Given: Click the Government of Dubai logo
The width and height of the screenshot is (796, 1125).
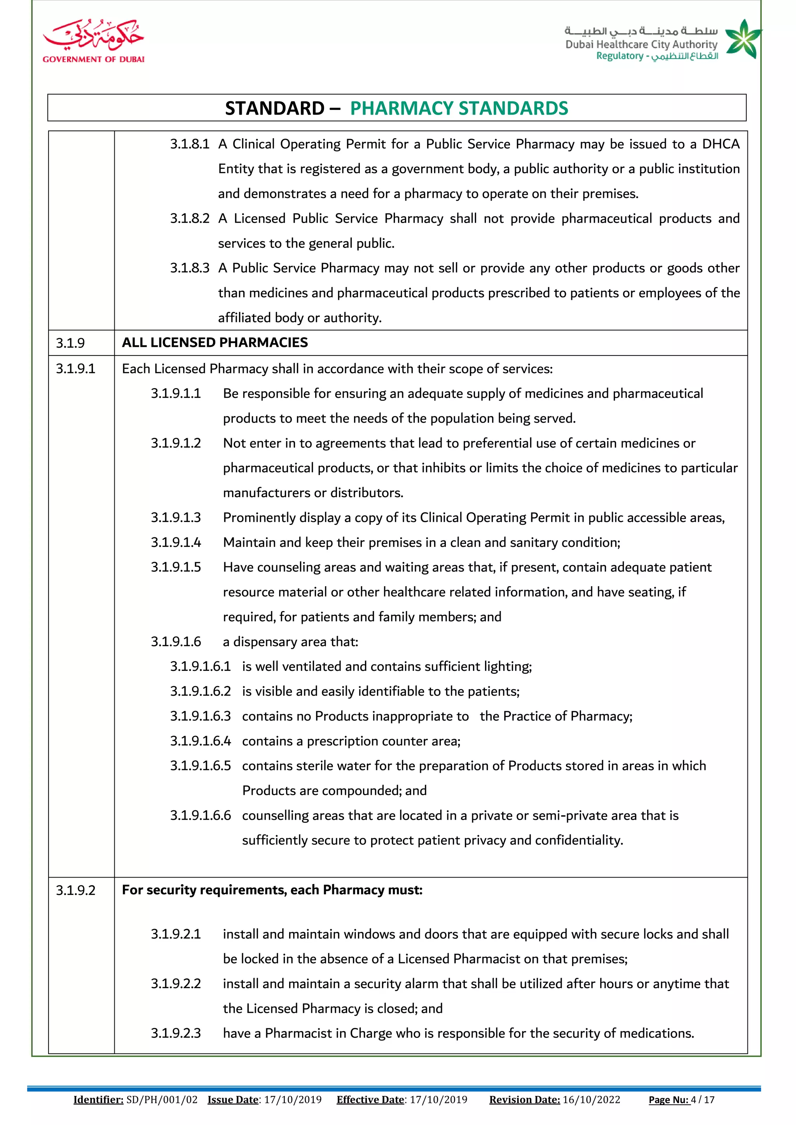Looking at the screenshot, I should click(93, 42).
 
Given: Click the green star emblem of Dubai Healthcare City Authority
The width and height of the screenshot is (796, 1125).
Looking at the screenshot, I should click(743, 39).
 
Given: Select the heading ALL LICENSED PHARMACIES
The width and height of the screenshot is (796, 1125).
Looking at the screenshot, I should click(215, 343).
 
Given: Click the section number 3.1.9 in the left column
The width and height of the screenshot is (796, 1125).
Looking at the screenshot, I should click(70, 343).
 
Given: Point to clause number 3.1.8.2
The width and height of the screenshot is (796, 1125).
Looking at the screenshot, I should click(190, 219).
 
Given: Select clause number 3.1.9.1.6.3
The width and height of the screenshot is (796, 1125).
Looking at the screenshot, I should click(201, 716).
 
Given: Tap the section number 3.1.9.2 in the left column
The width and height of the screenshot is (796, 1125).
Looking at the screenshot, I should click(75, 890).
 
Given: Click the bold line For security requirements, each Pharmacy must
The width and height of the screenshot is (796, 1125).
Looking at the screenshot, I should click(272, 890).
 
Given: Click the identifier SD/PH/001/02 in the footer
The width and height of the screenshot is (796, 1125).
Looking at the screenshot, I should click(162, 1099).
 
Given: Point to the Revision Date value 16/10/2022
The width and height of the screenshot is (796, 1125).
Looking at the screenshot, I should click(591, 1099).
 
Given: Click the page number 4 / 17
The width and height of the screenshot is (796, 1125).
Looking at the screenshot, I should click(702, 1099).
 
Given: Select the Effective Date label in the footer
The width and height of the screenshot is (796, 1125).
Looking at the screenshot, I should click(370, 1099).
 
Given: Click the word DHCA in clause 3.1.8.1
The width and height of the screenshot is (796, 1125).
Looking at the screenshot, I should click(721, 144).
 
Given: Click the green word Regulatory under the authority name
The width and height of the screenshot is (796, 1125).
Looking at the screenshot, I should click(620, 56).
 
